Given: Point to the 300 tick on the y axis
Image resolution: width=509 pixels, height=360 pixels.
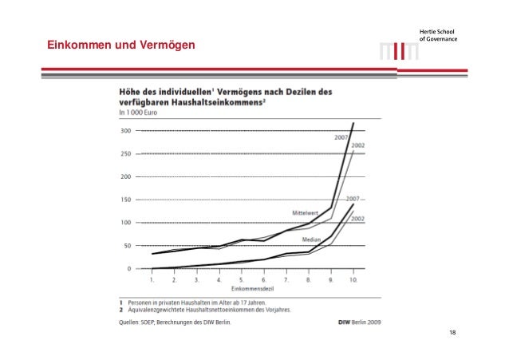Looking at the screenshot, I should tap(125, 130).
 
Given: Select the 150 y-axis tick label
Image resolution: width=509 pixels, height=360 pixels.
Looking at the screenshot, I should tap(125, 200).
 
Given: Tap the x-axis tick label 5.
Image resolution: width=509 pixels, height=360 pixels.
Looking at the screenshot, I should tap(242, 280).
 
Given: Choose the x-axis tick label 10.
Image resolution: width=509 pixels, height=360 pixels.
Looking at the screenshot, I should tap(353, 280).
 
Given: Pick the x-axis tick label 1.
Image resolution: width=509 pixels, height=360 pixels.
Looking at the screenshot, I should tap(152, 280).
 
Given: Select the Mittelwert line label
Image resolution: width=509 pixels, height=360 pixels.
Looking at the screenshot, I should tap(306, 212).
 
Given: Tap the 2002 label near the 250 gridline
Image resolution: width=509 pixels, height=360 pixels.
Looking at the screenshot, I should tap(358, 145).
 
